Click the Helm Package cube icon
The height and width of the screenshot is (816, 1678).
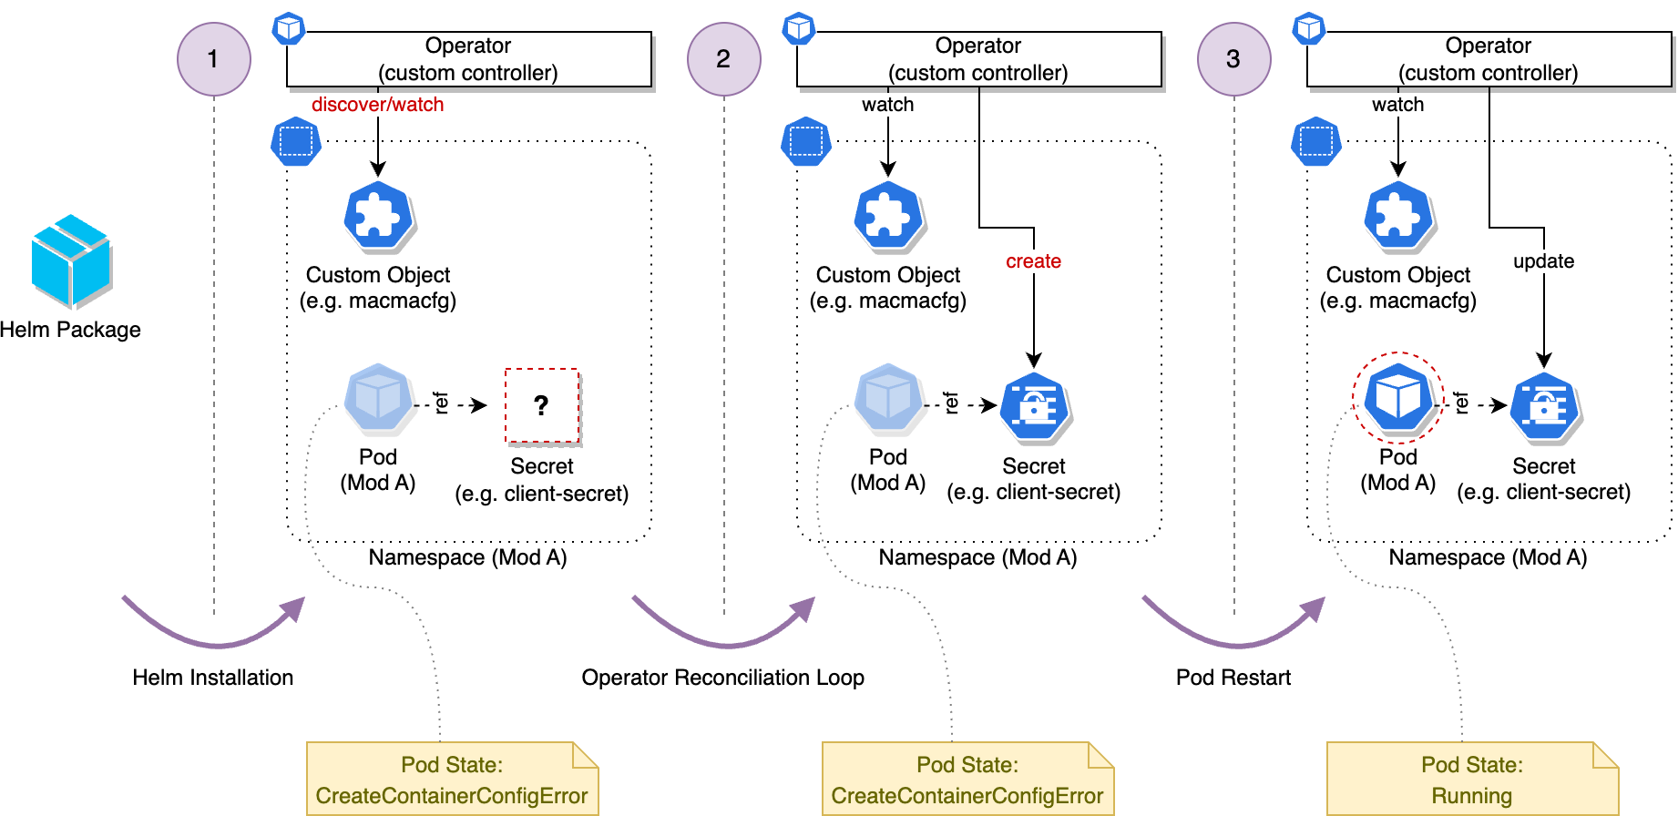coord(71,261)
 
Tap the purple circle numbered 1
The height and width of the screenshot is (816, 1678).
coord(213,59)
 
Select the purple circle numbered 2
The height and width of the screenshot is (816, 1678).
coord(723,59)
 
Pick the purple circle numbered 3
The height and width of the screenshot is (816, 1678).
coord(1233,59)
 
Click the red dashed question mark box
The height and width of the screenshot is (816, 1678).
coord(542,405)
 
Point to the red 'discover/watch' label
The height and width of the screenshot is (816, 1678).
coord(377,105)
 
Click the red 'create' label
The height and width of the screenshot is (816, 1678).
coord(1033,261)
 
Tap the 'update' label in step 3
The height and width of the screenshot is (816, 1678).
coord(1543,261)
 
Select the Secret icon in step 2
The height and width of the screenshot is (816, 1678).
coord(1034,406)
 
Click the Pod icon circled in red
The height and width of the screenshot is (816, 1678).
coord(1397,398)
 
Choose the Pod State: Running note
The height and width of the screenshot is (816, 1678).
coord(1471,780)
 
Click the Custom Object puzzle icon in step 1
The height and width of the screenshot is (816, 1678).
coord(378,217)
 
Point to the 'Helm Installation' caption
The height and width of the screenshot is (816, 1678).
coord(212,678)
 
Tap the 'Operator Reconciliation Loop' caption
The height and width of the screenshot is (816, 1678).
coord(722,678)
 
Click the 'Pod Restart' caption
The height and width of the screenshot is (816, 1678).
coord(1233,678)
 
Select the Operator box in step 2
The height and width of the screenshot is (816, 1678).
coord(978,59)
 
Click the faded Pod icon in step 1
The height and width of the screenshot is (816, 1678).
coord(378,398)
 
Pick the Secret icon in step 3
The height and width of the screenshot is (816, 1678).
coord(1544,406)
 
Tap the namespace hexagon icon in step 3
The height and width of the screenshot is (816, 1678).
coord(1316,141)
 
